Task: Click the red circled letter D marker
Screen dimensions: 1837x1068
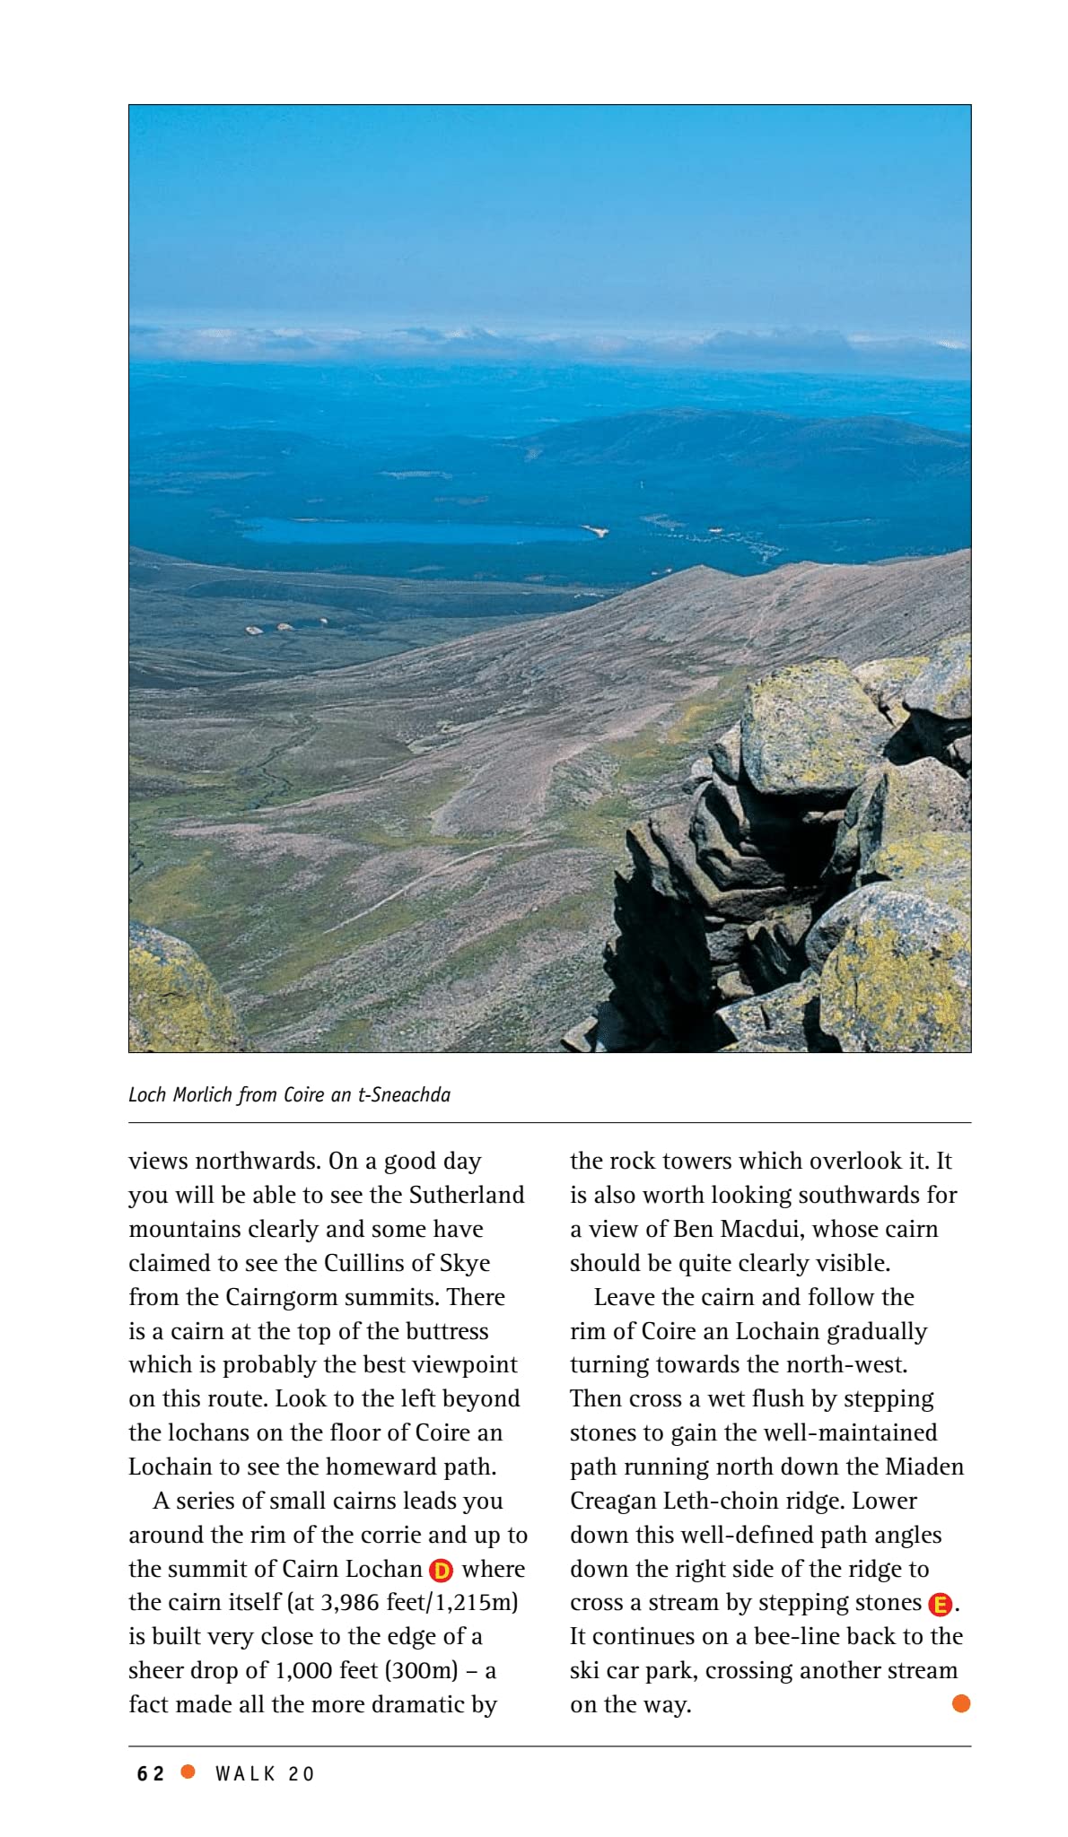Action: (x=441, y=1571)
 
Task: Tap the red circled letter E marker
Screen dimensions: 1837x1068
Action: (x=940, y=1604)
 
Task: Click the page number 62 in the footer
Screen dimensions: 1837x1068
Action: (x=151, y=1773)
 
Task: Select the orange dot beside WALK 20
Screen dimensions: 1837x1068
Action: (x=188, y=1772)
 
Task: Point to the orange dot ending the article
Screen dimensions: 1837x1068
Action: (x=960, y=1703)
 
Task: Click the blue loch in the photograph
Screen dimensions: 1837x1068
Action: (x=413, y=531)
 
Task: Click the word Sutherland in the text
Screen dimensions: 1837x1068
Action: (x=467, y=1195)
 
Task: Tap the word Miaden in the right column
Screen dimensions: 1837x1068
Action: (x=924, y=1467)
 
